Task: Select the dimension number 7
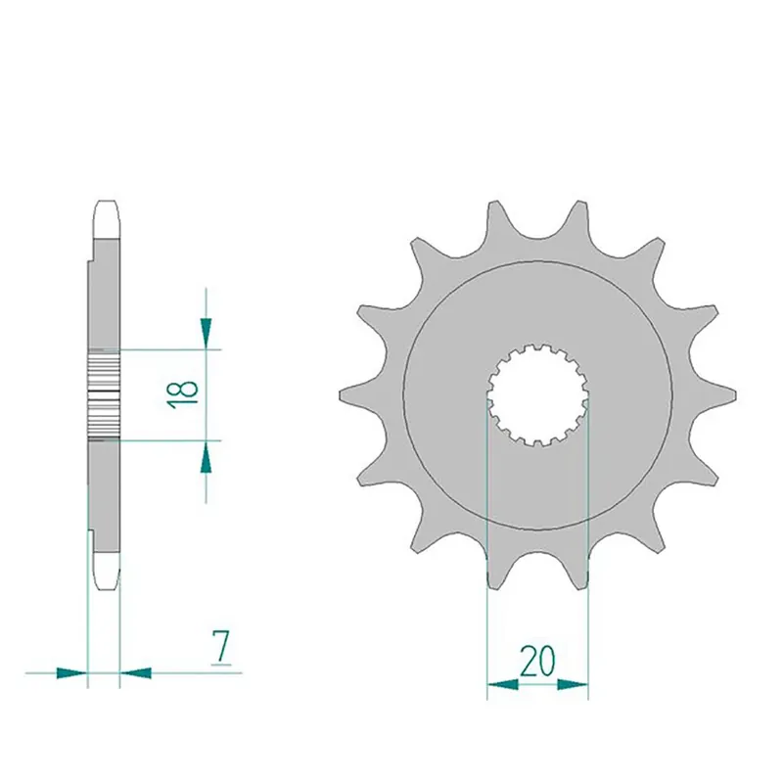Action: [x=221, y=647]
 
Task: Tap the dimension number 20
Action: [x=536, y=662]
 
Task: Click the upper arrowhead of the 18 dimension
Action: [x=206, y=331]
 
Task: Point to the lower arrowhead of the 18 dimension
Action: [x=206, y=457]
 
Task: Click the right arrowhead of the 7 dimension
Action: [x=136, y=672]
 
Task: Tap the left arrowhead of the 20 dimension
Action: [x=502, y=684]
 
